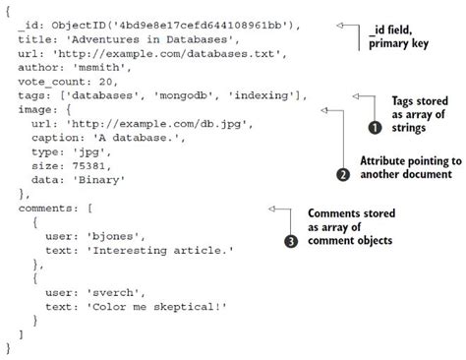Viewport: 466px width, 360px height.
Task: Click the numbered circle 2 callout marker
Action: [x=343, y=173]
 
